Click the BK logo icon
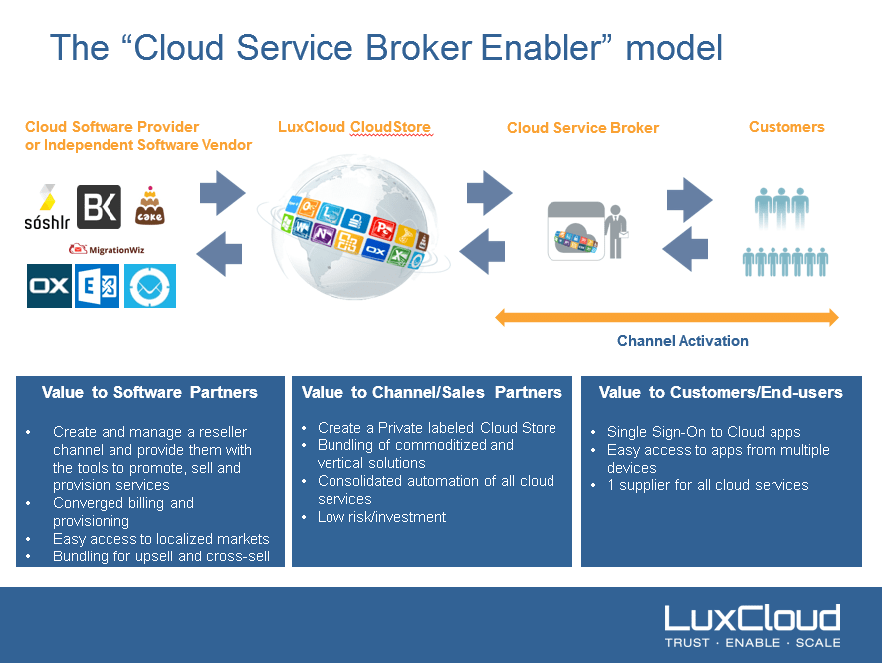pos(99,207)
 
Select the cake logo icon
pos(149,206)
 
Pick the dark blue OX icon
pos(49,285)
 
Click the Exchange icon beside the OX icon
pos(98,285)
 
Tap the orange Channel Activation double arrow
pos(667,318)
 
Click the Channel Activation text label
pos(682,341)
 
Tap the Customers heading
pos(785,127)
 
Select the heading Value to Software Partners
pos(149,393)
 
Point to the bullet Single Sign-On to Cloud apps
pos(703,432)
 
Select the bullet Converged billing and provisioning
pos(122,512)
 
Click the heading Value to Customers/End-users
pos(721,393)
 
